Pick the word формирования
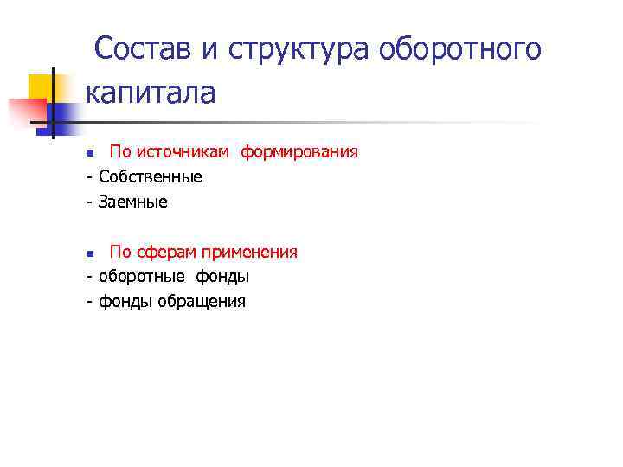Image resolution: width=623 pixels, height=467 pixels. coord(299,152)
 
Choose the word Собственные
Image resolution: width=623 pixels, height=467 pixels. coord(151,177)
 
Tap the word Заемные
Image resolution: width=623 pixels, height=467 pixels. coord(133,202)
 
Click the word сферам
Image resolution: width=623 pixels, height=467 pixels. coord(166,253)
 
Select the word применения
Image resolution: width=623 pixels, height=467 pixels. coord(251,253)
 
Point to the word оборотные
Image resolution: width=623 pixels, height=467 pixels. coord(138,278)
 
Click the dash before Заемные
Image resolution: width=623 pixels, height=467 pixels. coord(89,202)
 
